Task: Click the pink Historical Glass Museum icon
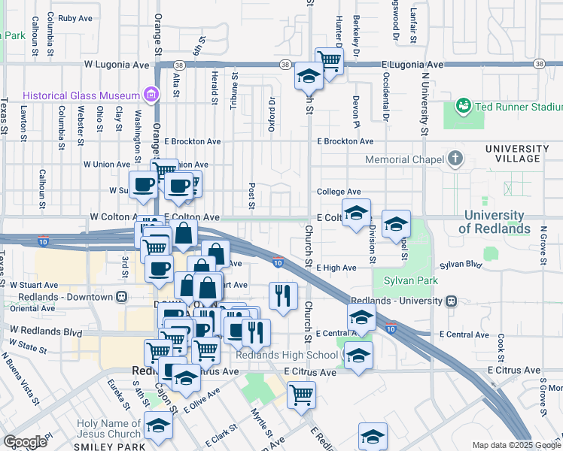point(152,95)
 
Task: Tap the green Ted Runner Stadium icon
point(462,107)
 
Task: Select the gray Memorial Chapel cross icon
point(454,159)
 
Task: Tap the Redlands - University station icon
point(451,301)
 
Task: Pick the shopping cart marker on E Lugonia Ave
point(329,60)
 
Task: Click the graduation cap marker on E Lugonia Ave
point(309,76)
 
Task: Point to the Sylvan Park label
point(410,280)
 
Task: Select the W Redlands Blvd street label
point(45,331)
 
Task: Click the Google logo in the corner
point(25,442)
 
